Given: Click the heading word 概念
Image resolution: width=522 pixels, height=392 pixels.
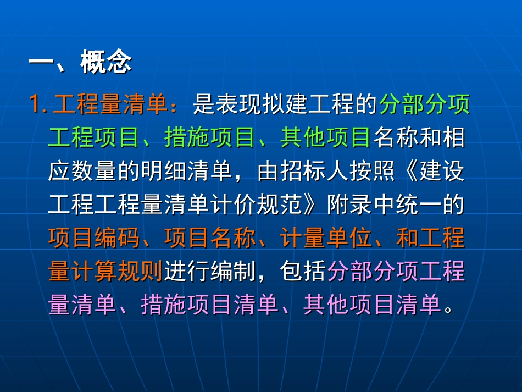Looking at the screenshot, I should [106, 63].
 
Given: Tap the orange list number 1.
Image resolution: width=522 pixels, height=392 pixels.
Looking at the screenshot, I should [38, 104].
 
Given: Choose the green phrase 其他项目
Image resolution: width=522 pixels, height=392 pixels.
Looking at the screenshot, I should [326, 138].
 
